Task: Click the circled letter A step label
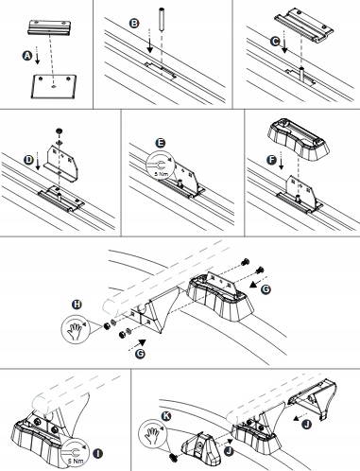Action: (27, 56)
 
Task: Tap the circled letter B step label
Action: (134, 23)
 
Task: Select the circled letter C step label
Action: (275, 41)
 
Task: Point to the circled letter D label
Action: (28, 160)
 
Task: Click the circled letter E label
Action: (161, 143)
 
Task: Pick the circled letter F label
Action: (271, 160)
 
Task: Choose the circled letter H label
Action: (77, 305)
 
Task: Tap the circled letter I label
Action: (98, 454)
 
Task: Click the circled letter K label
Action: (166, 416)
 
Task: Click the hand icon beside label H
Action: (76, 331)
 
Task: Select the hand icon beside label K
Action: (152, 433)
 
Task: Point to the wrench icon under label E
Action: (160, 166)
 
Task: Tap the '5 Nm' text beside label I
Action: (76, 461)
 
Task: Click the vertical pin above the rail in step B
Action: (162, 21)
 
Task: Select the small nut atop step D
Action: (59, 131)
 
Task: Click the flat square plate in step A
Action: (54, 86)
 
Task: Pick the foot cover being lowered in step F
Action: (299, 141)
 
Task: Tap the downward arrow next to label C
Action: (284, 42)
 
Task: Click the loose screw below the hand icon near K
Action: (174, 456)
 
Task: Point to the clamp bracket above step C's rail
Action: (304, 26)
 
